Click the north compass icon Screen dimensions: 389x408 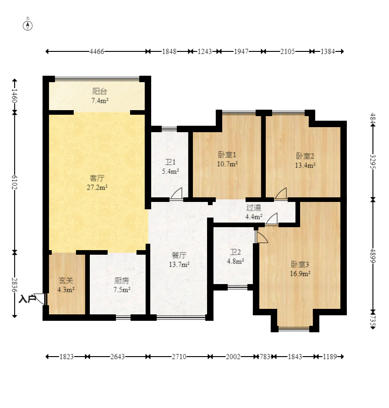28,26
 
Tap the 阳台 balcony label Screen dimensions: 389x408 99,91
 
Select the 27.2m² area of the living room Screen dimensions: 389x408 97,187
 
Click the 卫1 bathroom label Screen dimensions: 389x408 170,162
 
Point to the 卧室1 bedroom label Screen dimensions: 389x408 227,155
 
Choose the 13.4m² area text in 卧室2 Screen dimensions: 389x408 305,165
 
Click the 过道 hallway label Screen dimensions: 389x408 254,207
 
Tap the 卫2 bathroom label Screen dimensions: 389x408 236,252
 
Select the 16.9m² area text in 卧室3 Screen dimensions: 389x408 300,274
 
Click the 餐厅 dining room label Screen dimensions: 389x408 179,255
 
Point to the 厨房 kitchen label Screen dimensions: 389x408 121,281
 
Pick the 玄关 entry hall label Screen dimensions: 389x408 66,281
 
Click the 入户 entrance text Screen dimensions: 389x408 27,299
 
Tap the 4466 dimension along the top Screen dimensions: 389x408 97,51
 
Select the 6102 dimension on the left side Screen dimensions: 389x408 15,182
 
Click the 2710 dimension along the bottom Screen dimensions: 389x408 179,357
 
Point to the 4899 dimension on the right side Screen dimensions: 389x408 373,256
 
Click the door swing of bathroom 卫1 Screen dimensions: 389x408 177,194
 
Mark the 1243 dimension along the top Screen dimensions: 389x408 205,51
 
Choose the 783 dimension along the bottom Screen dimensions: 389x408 265,357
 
